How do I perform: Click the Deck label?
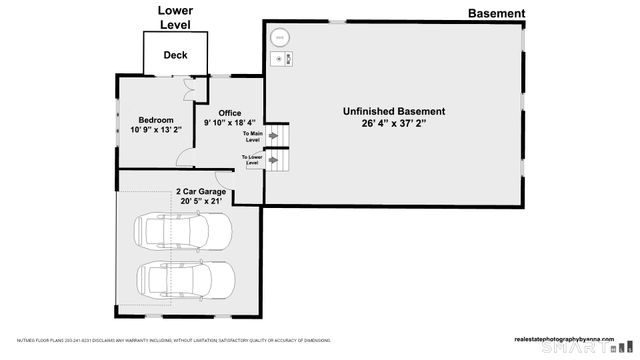[175, 56]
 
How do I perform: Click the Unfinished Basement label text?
[394, 111]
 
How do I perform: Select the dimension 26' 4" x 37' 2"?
[394, 124]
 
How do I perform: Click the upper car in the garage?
[183, 232]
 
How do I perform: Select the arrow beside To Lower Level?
[273, 160]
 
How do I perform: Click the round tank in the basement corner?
[282, 39]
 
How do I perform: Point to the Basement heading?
[496, 13]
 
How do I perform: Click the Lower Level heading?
[175, 17]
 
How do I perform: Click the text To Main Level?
[253, 135]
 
